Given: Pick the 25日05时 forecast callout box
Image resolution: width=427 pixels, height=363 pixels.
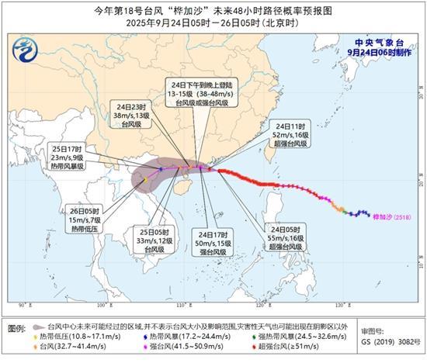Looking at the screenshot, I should (154, 240).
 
